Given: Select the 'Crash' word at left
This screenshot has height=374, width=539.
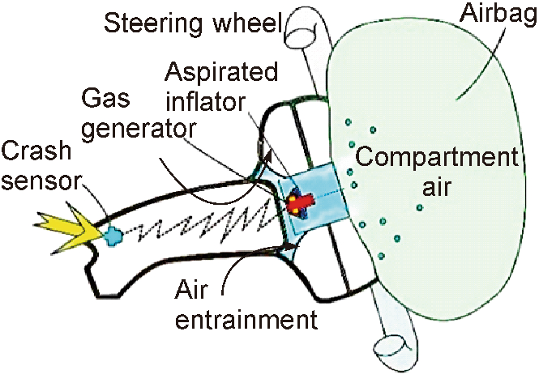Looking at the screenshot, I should point(36,152).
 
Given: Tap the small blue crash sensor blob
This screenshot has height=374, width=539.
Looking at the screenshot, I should point(113,236).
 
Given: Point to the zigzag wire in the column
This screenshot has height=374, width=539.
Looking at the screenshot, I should point(203,223).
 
